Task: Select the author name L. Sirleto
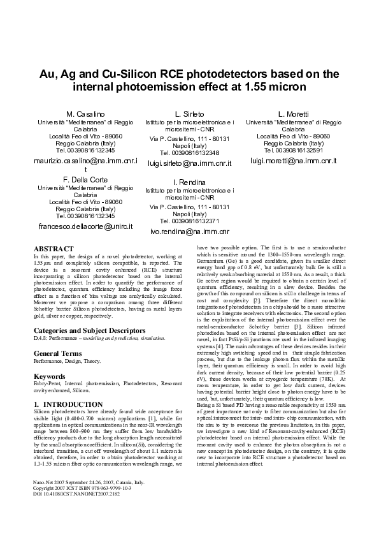click(x=189, y=114)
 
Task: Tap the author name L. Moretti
click(x=293, y=114)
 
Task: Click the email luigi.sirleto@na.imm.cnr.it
click(x=189, y=164)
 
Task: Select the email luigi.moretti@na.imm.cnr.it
click(x=293, y=161)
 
